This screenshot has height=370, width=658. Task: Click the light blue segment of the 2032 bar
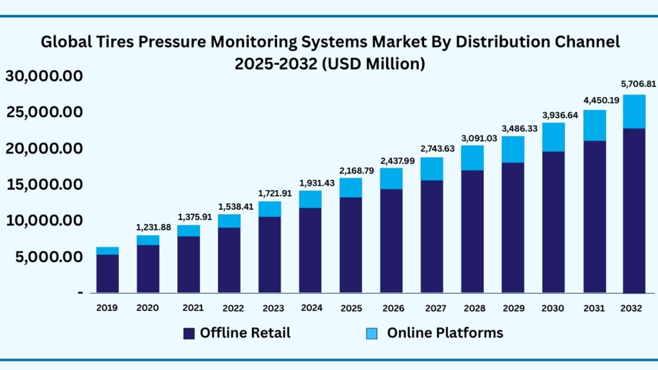coord(634,112)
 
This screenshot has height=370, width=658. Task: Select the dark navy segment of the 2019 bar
coord(107,274)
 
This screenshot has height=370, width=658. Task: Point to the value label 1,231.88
coord(148,226)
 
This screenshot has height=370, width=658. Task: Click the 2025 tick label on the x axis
coord(350,308)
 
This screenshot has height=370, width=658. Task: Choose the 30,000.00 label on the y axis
coord(44,76)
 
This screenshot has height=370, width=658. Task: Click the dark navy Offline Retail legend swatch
coord(189,333)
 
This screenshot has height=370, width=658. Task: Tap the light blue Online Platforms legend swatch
coord(372,333)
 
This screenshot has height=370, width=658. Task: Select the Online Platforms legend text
coord(445,333)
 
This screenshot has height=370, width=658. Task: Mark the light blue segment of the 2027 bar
coord(431,169)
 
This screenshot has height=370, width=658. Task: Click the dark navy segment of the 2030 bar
coord(553,222)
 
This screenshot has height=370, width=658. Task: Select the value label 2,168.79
coord(350,171)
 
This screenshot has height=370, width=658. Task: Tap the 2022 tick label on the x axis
coord(229,308)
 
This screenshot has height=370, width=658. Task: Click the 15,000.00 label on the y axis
coord(44,185)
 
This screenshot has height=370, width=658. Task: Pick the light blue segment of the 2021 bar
coord(188,231)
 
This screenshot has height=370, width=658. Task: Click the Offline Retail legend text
coord(245,333)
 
